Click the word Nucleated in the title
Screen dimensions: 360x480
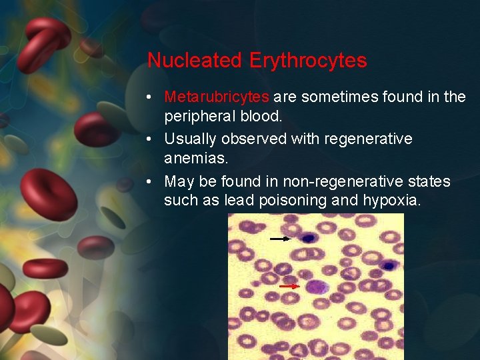point(194,61)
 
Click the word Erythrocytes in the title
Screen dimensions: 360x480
point(308,61)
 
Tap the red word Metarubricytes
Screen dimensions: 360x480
point(217,97)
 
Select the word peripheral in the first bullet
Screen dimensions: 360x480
point(199,116)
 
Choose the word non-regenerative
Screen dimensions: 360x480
point(344,181)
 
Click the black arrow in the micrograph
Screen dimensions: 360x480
point(280,238)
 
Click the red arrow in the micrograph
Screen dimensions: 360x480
point(289,286)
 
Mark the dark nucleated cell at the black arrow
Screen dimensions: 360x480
point(307,238)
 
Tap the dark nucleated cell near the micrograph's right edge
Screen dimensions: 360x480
point(389,266)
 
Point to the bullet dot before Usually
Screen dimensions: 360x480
point(153,140)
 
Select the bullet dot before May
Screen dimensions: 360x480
point(153,182)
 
